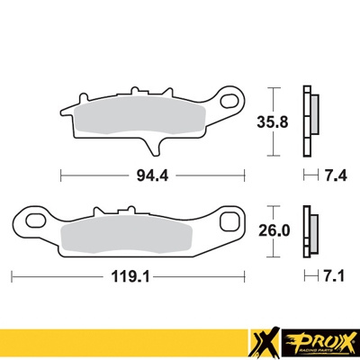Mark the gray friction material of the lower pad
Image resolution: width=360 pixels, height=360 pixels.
126,234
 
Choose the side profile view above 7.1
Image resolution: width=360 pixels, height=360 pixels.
310,231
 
